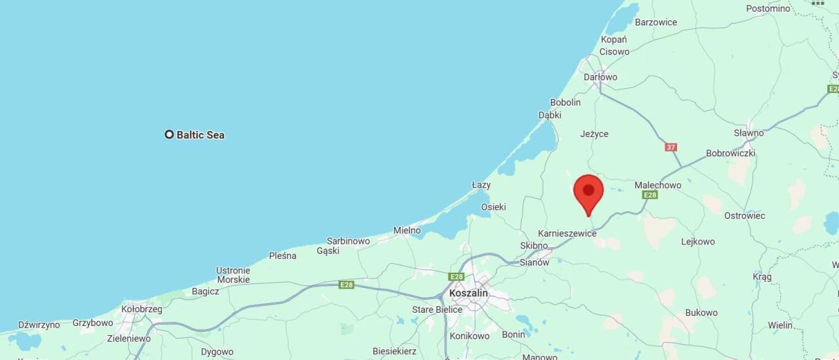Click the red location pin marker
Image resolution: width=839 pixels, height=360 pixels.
[588, 191]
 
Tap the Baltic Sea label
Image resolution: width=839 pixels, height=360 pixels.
[201, 135]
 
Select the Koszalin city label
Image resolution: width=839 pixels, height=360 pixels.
[469, 293]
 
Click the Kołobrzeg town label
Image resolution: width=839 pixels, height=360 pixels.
[142, 309]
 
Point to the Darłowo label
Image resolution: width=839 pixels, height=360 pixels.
[600, 77]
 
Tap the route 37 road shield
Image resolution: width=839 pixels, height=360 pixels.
[671, 147]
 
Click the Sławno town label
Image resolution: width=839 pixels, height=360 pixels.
[749, 132]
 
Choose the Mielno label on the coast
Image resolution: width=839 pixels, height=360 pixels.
[407, 230]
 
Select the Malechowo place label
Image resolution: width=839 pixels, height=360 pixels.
[657, 185]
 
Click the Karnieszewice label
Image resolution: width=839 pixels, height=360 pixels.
[567, 233]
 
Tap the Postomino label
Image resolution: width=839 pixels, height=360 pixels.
[768, 9]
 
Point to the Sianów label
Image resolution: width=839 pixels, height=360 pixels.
[534, 262]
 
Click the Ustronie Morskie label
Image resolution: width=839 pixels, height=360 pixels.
[233, 275]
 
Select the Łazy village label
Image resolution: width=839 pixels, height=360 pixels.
[481, 185]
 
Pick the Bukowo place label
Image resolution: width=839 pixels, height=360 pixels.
[701, 313]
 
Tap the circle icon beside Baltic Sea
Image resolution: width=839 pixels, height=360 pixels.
[169, 134]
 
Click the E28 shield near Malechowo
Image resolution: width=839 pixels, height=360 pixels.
[650, 195]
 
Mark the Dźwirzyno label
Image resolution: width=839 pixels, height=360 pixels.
[39, 325]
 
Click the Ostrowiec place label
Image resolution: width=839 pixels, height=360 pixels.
[745, 216]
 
